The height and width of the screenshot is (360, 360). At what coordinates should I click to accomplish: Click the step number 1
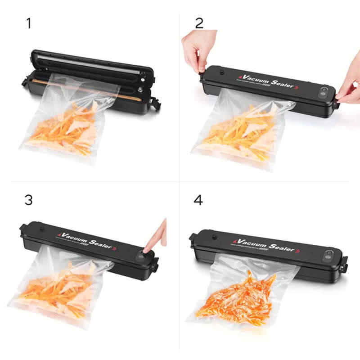click(29, 23)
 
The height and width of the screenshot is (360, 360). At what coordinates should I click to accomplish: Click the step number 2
click(199, 23)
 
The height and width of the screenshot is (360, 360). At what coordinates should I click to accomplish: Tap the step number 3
click(28, 200)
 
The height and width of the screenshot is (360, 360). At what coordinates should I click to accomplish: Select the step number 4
click(198, 200)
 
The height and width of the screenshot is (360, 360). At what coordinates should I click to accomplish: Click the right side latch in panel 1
click(156, 103)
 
